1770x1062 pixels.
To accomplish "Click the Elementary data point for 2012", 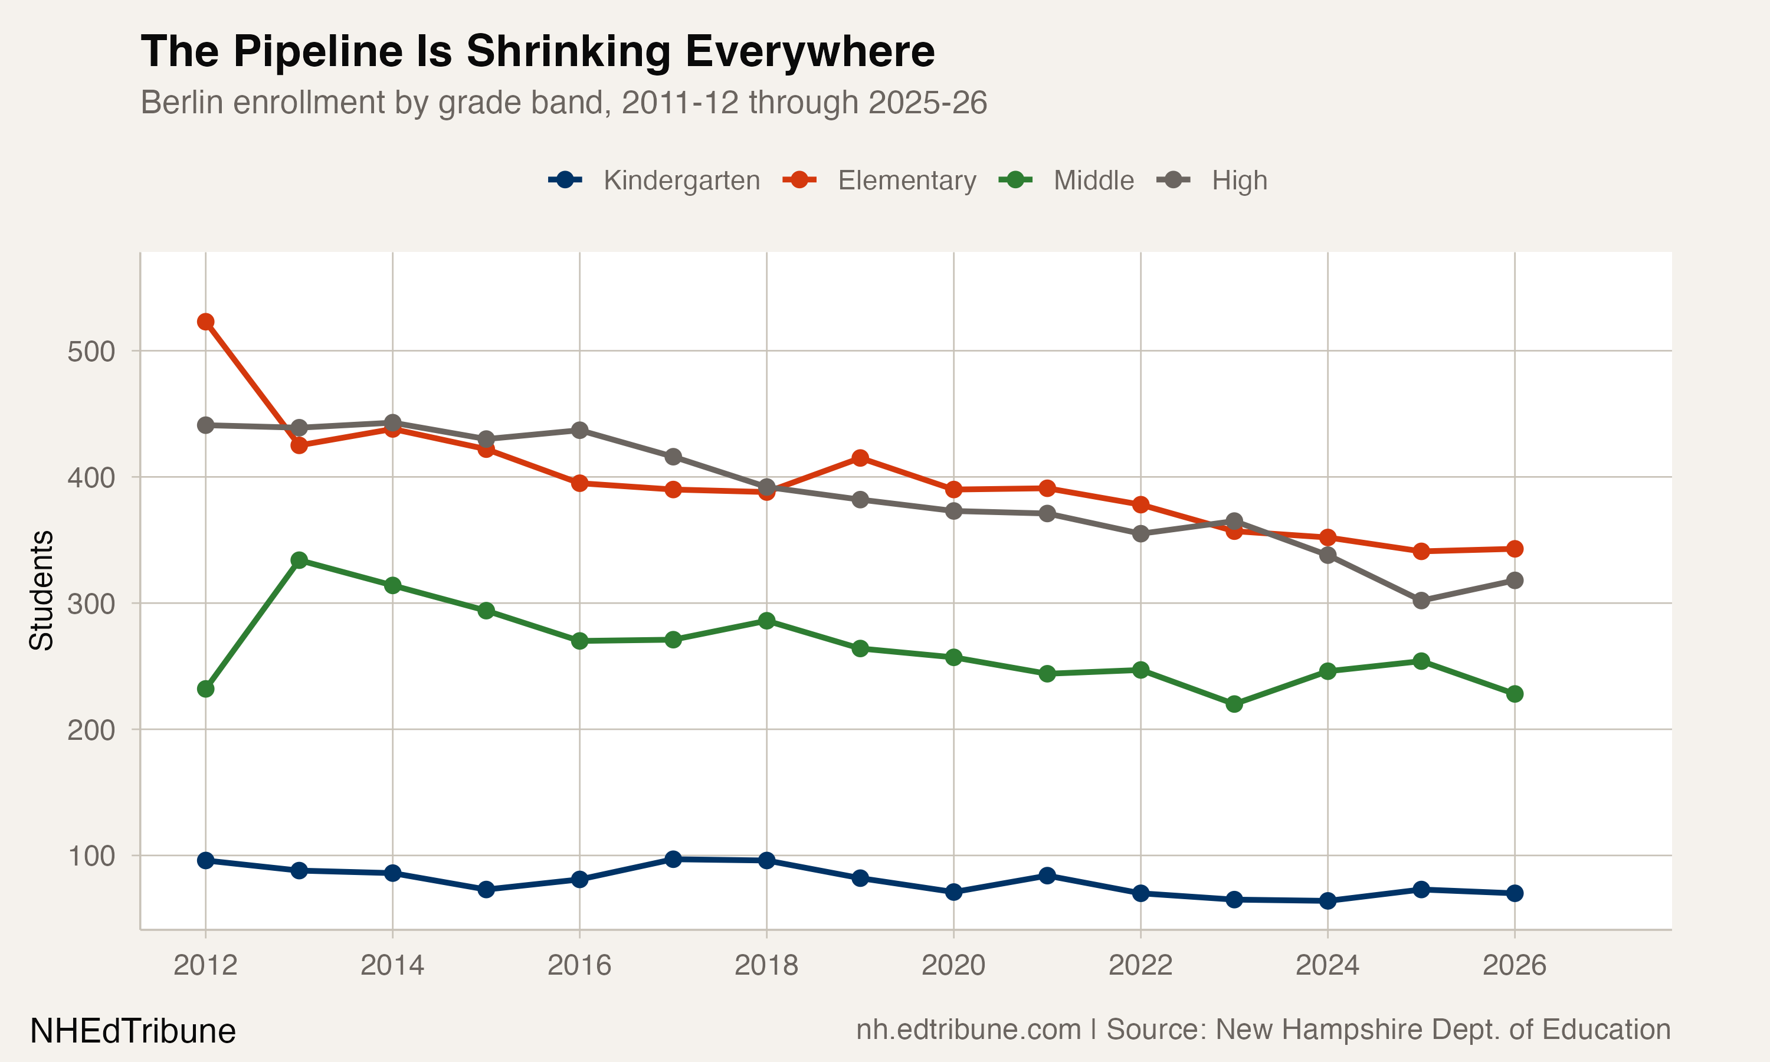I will (205, 322).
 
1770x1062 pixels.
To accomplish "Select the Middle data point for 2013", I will (299, 560).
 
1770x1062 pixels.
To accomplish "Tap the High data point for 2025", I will (1421, 601).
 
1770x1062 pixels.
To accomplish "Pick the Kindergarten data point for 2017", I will (673, 859).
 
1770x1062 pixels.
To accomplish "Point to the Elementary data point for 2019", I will (860, 458).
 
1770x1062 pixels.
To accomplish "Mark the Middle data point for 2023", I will (1234, 704).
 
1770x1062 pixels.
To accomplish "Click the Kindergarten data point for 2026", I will (1515, 893).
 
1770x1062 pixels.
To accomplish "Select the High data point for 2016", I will (579, 430).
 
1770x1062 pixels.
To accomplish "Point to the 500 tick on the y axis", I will (91, 352).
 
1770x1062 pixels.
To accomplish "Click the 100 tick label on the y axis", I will (91, 856).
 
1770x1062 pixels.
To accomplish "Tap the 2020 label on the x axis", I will (953, 966).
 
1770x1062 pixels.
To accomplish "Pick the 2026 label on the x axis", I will (1514, 966).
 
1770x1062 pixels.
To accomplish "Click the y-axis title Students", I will (41, 591).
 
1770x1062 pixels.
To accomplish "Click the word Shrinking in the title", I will (568, 51).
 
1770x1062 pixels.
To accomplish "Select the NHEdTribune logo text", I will (132, 1031).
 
